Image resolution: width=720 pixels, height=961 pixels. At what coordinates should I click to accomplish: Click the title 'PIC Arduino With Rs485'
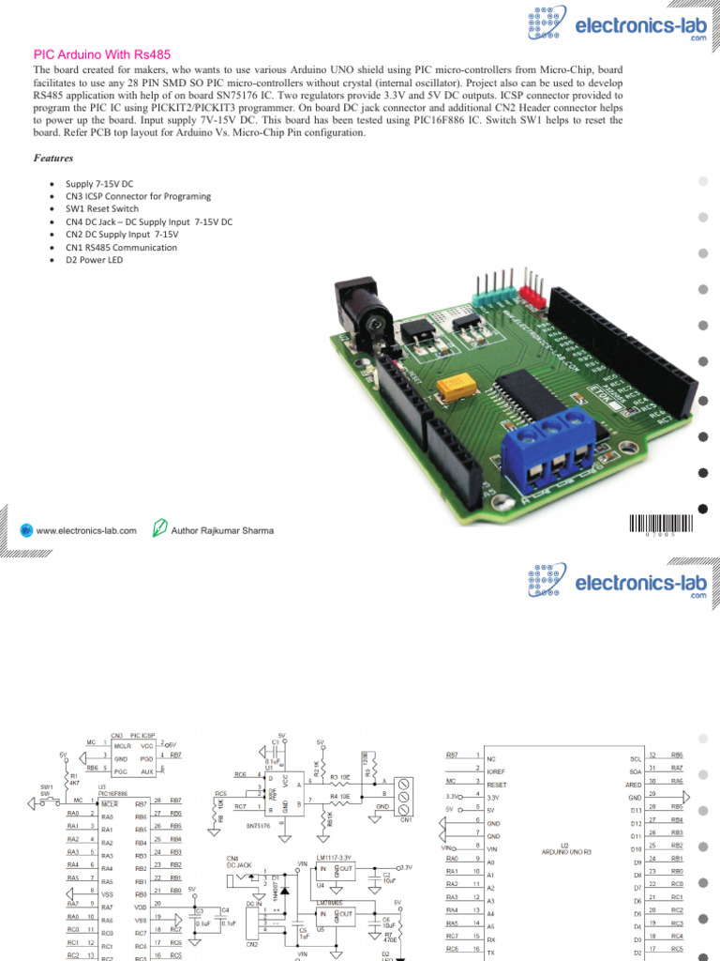(102, 55)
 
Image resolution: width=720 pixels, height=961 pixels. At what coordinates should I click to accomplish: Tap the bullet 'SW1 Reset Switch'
(102, 208)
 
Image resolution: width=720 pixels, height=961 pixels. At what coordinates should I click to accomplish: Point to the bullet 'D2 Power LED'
(94, 260)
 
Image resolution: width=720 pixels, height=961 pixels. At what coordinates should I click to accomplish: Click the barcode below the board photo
(663, 525)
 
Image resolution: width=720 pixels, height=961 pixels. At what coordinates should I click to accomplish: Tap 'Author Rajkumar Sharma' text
(222, 530)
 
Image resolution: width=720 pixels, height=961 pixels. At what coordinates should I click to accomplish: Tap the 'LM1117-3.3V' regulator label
(333, 858)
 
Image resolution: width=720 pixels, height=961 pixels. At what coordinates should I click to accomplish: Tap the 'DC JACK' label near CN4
(239, 863)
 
